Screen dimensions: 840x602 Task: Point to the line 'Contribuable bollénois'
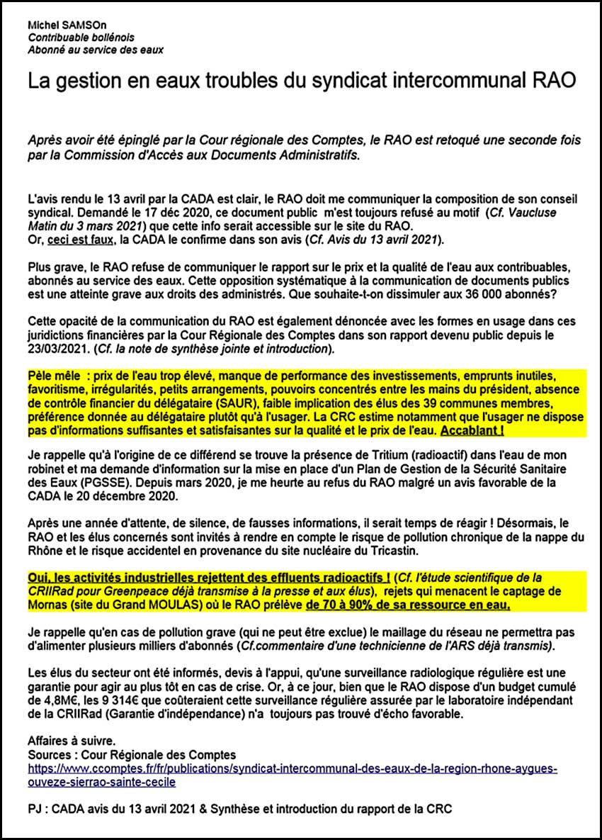point(81,38)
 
